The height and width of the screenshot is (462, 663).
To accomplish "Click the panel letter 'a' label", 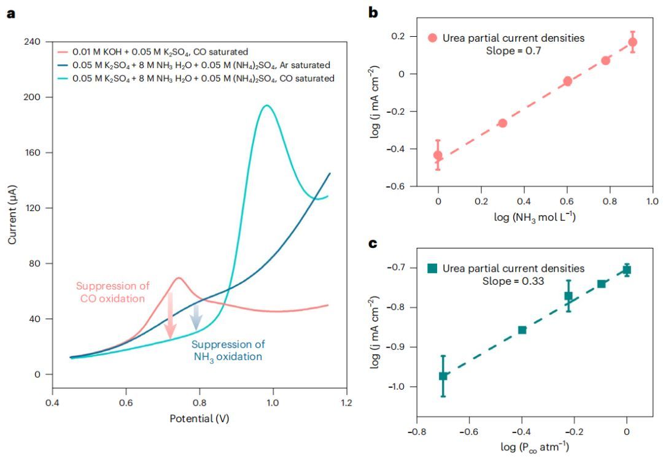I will pyautogui.click(x=11, y=13).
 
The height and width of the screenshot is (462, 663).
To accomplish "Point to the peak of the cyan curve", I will pyautogui.click(x=265, y=106).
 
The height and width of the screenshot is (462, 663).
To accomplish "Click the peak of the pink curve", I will pyautogui.click(x=179, y=278).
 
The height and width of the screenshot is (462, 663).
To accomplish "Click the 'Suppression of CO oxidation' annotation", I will pyautogui.click(x=110, y=292).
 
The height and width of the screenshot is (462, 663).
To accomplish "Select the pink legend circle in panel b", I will pyautogui.click(x=433, y=38).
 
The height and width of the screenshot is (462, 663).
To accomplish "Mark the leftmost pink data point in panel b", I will pyautogui.click(x=438, y=155).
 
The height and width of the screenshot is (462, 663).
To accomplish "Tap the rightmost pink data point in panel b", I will pyautogui.click(x=632, y=42).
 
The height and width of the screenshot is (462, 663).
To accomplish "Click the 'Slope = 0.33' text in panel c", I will pyautogui.click(x=514, y=280).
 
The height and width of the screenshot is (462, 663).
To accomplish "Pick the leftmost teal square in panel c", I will pyautogui.click(x=443, y=375).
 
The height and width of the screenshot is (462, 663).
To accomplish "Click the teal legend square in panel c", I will pyautogui.click(x=433, y=268).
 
